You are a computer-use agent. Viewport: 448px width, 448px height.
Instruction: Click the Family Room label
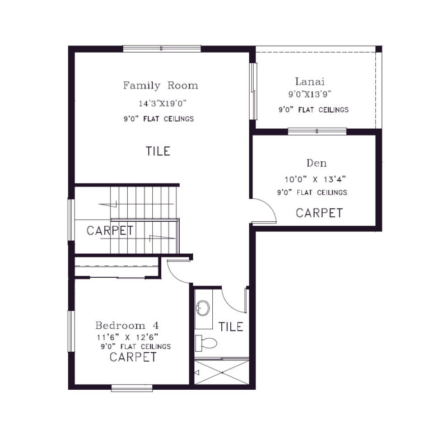(160, 86)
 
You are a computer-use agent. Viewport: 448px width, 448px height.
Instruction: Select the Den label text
(313, 164)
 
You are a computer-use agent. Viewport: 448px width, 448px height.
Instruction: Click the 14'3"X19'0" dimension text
(162, 104)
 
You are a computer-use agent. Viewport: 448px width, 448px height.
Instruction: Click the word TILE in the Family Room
(158, 151)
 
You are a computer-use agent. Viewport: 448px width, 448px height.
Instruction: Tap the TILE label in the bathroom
(231, 326)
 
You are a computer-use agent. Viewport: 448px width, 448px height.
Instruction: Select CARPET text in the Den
(319, 213)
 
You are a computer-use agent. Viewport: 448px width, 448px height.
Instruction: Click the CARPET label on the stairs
(110, 230)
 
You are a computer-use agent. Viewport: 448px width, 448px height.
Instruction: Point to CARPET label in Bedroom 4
(133, 357)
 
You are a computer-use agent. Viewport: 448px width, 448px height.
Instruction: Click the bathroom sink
(203, 307)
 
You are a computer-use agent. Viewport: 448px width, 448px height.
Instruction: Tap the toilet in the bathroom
(207, 342)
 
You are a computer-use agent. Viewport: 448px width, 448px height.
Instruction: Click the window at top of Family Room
(162, 49)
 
